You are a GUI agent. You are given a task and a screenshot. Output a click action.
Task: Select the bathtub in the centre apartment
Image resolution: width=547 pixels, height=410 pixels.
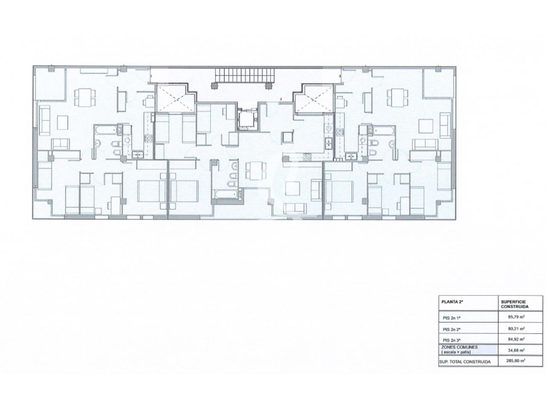[x=225, y=193]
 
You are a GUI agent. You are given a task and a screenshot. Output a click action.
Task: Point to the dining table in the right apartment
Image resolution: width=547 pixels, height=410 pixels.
[x=397, y=97]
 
